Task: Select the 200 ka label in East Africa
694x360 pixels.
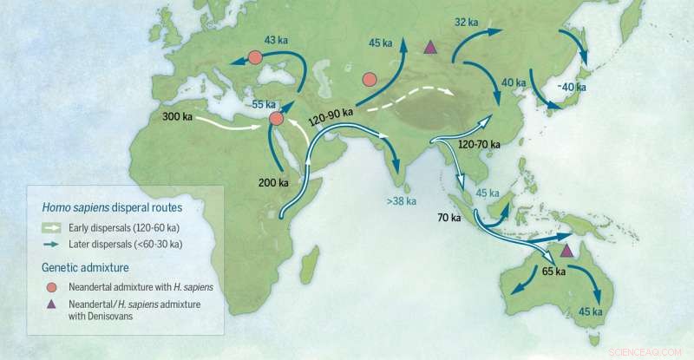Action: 273,182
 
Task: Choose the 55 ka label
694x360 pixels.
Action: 264,103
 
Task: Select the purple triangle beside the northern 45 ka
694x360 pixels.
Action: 429,47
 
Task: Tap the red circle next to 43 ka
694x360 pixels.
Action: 255,57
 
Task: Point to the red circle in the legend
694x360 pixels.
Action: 48,284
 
